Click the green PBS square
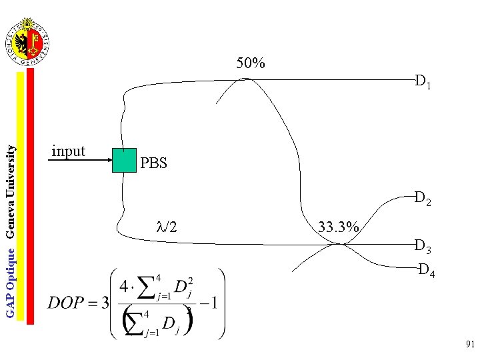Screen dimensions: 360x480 [124, 160]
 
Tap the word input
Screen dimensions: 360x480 [68, 151]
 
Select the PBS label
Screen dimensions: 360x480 [154, 163]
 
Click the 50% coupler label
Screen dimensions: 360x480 [251, 64]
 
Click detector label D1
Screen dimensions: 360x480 [423, 83]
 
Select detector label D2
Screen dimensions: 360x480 [423, 198]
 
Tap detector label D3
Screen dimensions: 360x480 [423, 247]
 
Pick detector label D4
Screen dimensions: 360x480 [427, 271]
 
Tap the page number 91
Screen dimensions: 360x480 [470, 345]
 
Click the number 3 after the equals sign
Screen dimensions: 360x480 [104, 303]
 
